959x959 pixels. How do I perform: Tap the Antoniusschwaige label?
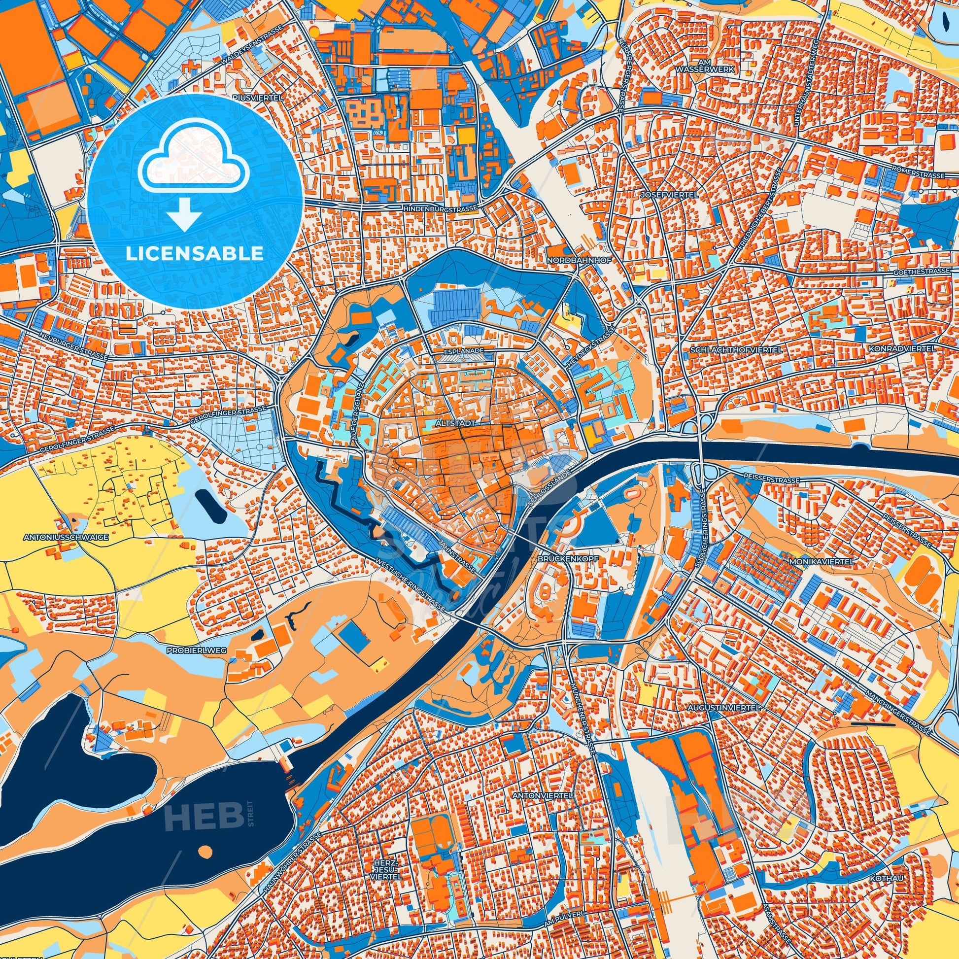pos(66,537)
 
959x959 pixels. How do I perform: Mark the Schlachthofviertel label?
pos(736,350)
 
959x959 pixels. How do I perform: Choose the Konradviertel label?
pos(902,349)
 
